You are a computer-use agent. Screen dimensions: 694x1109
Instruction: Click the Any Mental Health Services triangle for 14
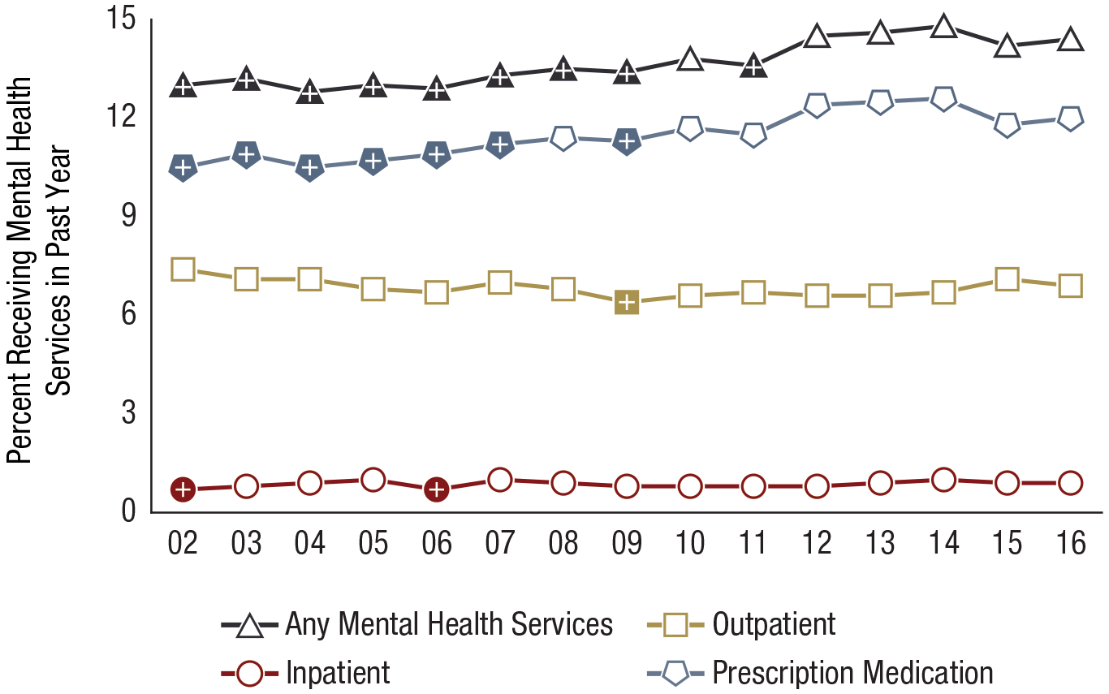(943, 27)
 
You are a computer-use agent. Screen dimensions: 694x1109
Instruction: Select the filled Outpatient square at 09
(627, 302)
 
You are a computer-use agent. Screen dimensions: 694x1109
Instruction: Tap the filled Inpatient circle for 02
(183, 489)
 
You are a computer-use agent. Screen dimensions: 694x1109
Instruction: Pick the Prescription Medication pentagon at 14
(943, 99)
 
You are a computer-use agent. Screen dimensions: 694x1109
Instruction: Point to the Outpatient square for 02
(183, 269)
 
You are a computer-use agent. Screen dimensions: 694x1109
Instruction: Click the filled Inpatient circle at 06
(437, 489)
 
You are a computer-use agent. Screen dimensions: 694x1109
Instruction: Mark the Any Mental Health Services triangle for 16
(1070, 40)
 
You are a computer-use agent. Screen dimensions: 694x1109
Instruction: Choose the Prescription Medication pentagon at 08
(563, 138)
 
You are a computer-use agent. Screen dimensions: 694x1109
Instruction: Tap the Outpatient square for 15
(1007, 279)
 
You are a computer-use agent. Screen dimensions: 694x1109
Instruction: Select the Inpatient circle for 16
(1070, 483)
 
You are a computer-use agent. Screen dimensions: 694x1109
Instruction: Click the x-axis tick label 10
(690, 543)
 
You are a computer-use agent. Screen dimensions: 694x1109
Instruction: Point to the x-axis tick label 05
(373, 543)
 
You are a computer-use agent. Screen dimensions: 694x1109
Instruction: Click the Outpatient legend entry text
(774, 625)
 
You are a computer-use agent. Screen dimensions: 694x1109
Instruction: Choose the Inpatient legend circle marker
(251, 673)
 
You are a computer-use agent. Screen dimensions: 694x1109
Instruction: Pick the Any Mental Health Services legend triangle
(251, 625)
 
